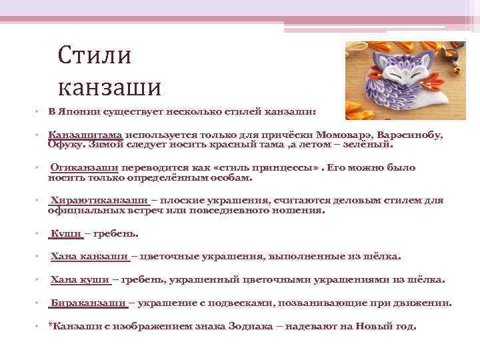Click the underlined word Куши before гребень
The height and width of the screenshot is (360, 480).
67,233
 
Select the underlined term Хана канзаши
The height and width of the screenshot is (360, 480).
90,256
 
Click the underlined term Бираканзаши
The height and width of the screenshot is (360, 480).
89,303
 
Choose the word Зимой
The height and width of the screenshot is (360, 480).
97,143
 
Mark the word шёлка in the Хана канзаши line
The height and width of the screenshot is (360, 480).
384,256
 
